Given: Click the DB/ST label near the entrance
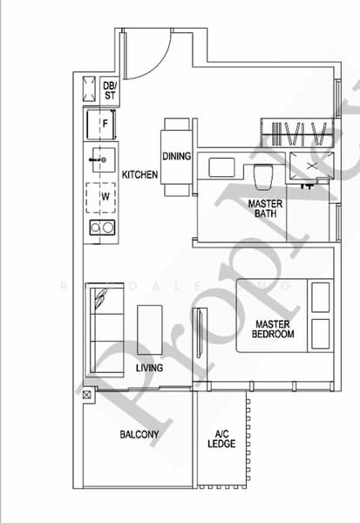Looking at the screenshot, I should [110, 90].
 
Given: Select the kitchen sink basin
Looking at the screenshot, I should [101, 160].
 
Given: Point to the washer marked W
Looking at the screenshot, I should [105, 197].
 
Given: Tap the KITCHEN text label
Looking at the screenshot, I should [139, 175].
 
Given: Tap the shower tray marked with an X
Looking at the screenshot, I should [310, 166].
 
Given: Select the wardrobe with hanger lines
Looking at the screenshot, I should [299, 135].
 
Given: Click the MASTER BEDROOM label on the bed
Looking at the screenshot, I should [273, 329].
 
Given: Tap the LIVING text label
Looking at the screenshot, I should [150, 369].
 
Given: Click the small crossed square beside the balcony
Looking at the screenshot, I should [86, 395].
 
